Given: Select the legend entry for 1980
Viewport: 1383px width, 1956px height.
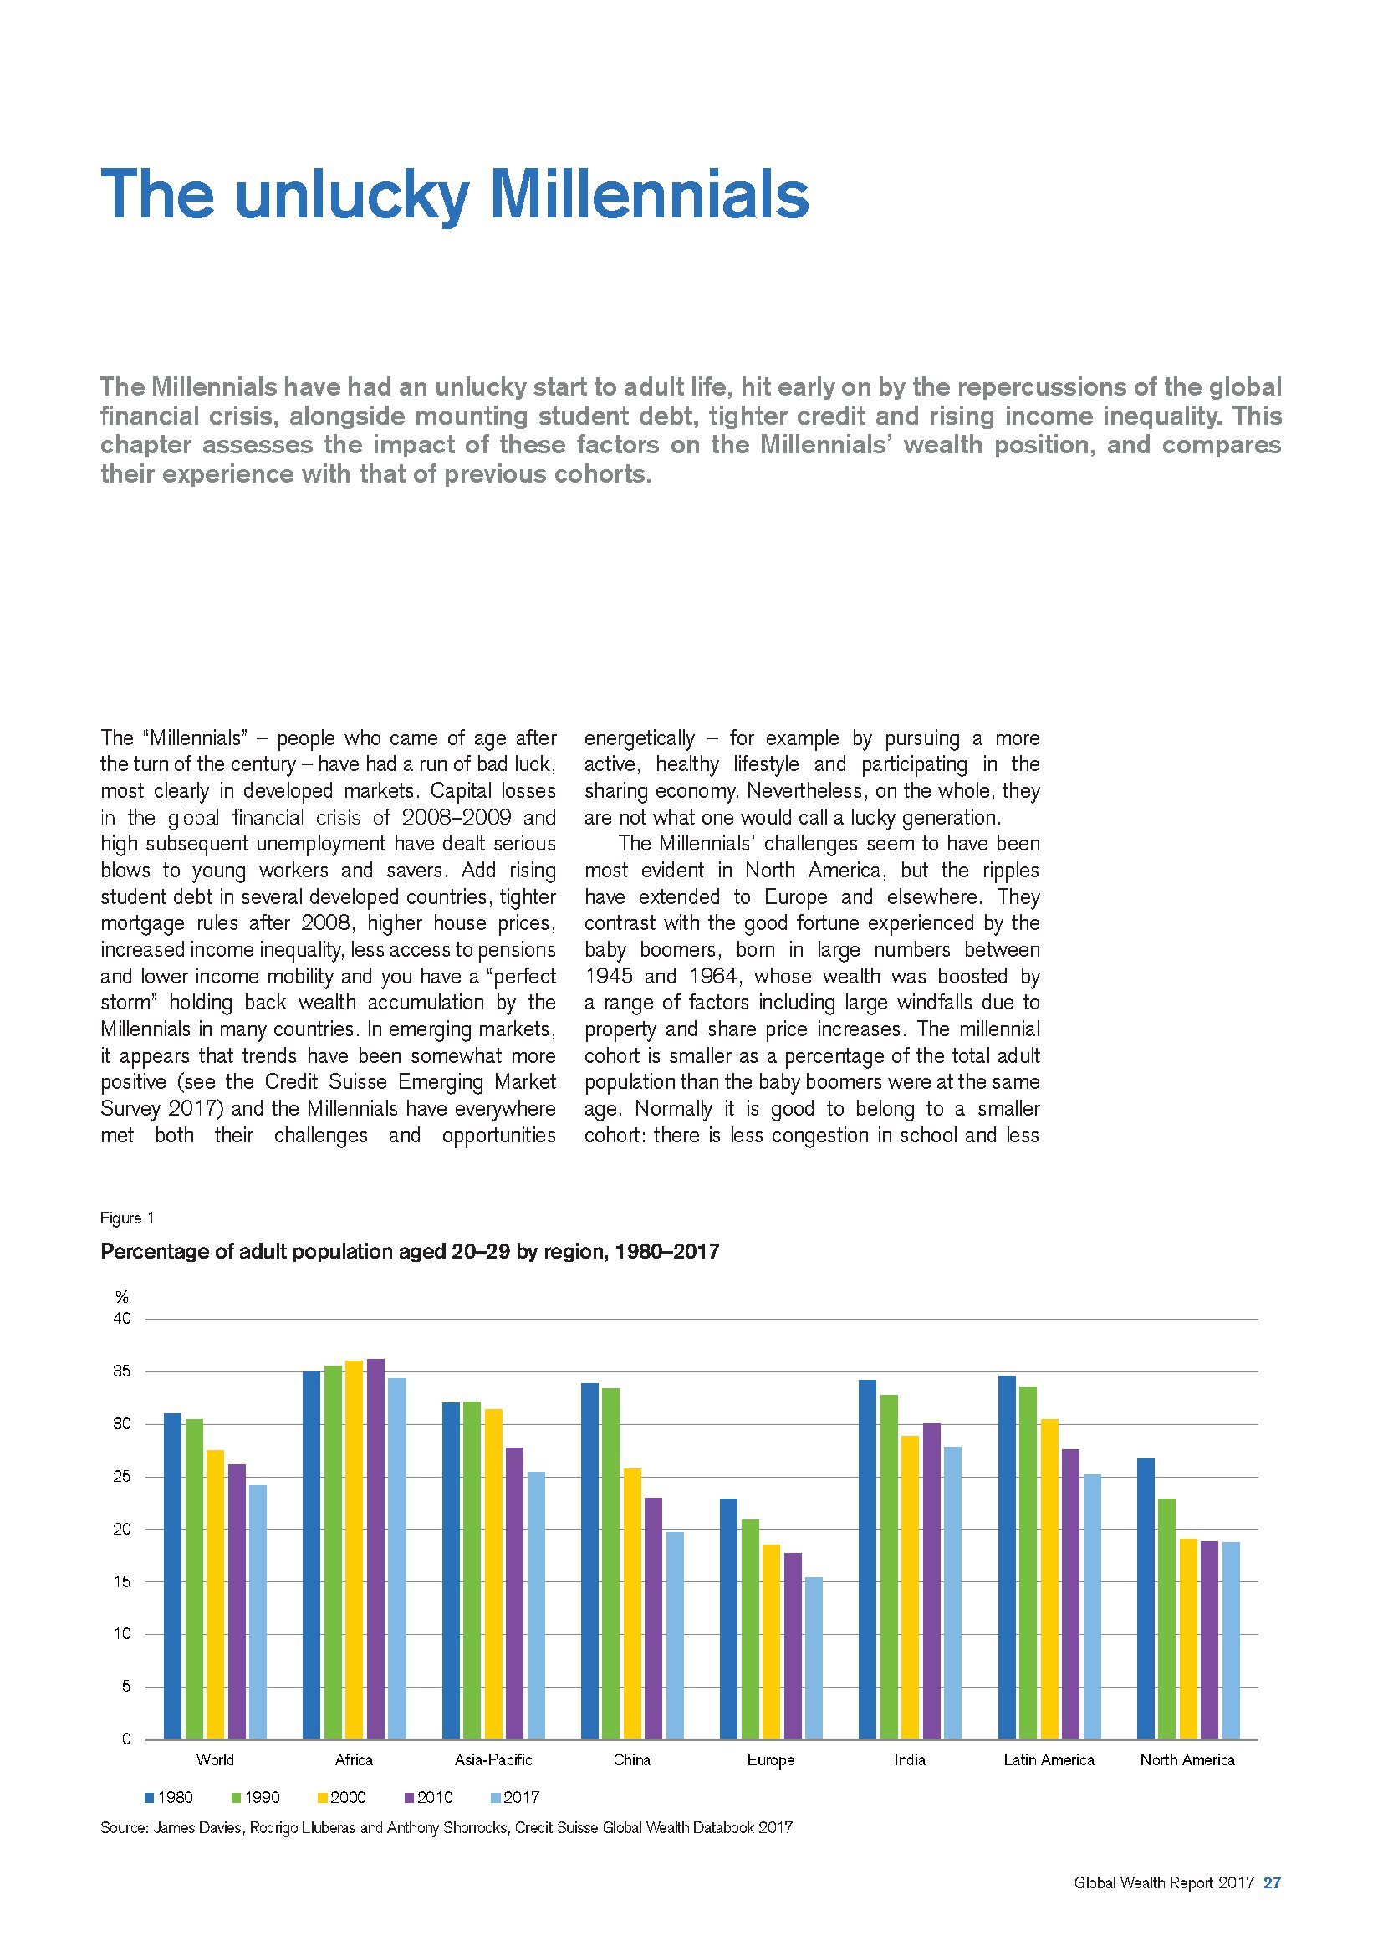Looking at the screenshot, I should click(x=170, y=1798).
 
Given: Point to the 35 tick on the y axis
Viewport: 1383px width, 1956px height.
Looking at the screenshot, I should click(x=122, y=1372).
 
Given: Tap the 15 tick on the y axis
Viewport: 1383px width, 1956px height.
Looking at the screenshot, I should click(x=122, y=1582).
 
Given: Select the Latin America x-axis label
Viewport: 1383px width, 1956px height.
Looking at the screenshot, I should click(x=1049, y=1760).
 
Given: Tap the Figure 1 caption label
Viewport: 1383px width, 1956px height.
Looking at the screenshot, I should click(x=127, y=1218).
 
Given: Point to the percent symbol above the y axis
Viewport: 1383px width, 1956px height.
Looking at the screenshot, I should click(x=122, y=1298).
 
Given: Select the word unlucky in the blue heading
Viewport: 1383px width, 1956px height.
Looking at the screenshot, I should click(x=352, y=196).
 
